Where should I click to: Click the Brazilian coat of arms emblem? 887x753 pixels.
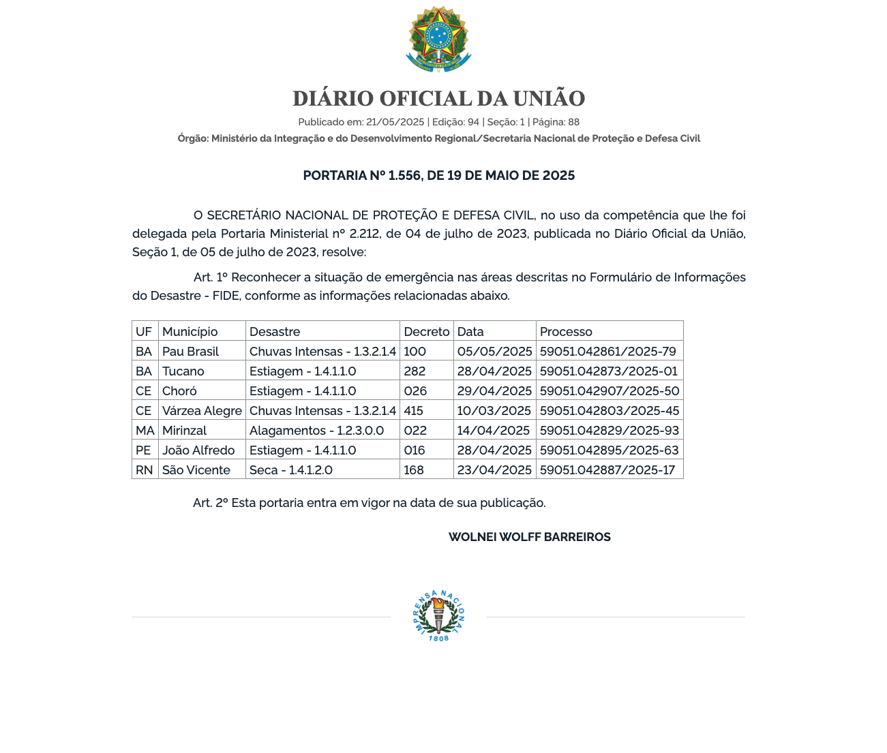click(438, 39)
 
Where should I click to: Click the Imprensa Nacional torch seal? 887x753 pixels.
click(438, 615)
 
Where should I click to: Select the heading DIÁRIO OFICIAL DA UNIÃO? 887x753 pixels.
click(438, 99)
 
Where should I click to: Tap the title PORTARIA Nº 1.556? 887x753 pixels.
click(438, 176)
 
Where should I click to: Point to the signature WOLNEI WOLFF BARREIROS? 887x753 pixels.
click(529, 537)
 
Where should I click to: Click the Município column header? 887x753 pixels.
click(190, 332)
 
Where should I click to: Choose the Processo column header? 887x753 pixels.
click(566, 332)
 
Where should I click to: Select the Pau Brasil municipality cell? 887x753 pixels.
click(190, 352)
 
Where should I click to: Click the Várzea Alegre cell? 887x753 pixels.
click(202, 411)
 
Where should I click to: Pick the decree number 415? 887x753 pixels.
click(413, 411)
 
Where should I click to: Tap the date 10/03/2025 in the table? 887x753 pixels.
click(494, 411)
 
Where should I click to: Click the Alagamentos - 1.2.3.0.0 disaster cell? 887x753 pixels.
click(316, 431)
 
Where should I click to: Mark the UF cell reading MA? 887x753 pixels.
click(145, 431)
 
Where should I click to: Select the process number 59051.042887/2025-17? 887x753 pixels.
click(607, 470)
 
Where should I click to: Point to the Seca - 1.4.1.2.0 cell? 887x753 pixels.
click(290, 470)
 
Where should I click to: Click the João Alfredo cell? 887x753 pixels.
click(198, 450)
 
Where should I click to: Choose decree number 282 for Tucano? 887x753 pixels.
click(414, 371)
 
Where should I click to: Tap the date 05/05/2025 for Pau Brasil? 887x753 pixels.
click(494, 352)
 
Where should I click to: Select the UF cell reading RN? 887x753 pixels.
click(144, 470)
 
